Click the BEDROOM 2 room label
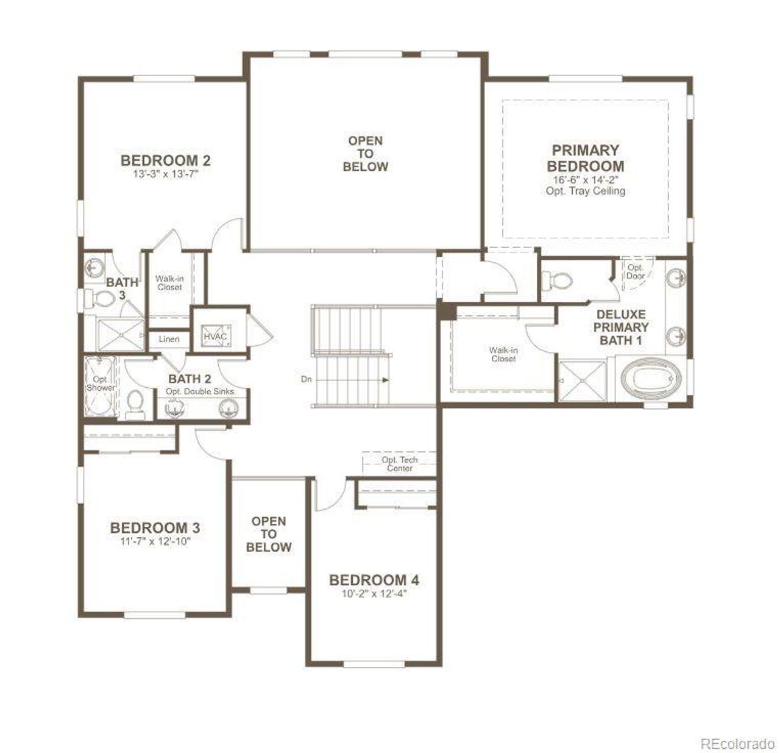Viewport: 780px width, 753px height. (x=165, y=160)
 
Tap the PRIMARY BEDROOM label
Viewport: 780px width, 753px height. (x=585, y=158)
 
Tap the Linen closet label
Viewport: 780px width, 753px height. (x=169, y=339)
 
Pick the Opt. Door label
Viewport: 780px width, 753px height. (x=636, y=272)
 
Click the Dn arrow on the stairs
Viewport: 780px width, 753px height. (x=353, y=379)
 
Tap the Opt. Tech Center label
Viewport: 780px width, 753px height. (x=400, y=464)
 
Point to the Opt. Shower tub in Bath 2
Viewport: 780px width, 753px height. (x=101, y=387)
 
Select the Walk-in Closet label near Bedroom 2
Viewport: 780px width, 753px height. (x=169, y=283)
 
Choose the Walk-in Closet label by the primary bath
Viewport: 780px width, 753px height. (x=503, y=354)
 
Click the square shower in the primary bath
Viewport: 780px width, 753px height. (x=582, y=381)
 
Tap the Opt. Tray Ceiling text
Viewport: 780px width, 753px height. (x=585, y=191)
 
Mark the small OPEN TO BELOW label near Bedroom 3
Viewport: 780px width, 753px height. (x=269, y=534)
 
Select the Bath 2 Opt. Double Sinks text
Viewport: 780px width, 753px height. (x=200, y=391)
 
